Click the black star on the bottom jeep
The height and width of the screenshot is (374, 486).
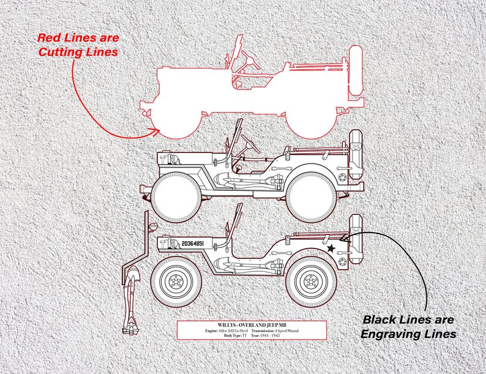331,249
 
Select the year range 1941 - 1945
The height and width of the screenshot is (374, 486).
269,336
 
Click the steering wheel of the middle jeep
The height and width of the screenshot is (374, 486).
249,145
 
